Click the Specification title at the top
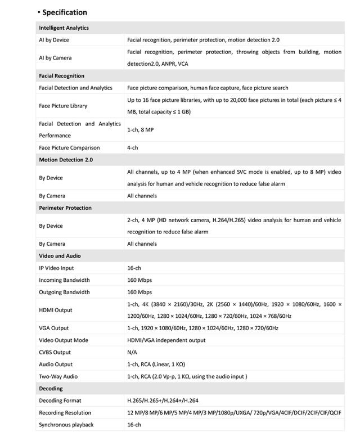(x=65, y=12)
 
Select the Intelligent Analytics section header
(x=64, y=28)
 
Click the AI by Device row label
(x=54, y=40)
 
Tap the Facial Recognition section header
(x=61, y=76)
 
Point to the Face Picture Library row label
(x=63, y=106)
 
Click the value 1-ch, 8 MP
(x=141, y=129)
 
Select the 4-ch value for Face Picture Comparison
(x=133, y=148)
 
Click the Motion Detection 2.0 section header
(x=66, y=160)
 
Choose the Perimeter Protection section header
(x=65, y=208)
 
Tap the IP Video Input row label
(x=56, y=268)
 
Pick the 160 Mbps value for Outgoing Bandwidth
(x=139, y=292)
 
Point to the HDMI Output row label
(x=55, y=310)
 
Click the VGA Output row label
(x=54, y=328)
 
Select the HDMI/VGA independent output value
(x=166, y=340)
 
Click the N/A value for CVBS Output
(x=133, y=353)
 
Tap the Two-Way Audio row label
(x=58, y=376)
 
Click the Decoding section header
(x=51, y=389)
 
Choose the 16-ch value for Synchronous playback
(x=134, y=425)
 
